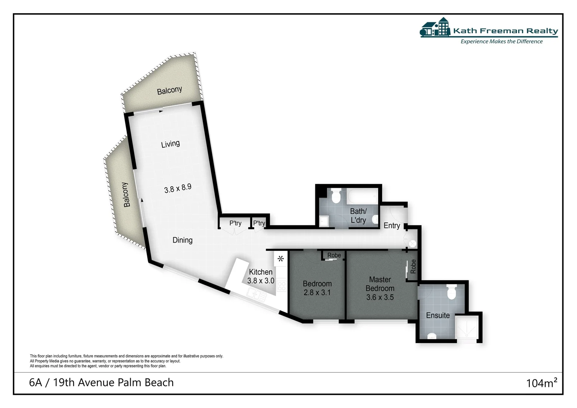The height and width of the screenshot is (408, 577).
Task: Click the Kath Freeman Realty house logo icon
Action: point(435,27)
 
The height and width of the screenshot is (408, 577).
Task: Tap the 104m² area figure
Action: point(542,383)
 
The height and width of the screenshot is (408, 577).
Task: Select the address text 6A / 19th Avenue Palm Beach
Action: point(101,382)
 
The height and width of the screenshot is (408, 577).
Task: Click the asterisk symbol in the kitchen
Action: point(281,259)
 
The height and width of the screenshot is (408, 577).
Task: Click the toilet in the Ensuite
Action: point(451,292)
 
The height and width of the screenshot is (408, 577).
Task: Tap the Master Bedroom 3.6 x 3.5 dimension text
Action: point(380,297)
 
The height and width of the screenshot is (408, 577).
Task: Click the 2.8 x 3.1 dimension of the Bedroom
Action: point(317,292)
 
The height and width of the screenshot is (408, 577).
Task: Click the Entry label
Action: point(392,226)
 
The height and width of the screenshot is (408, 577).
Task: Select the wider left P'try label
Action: point(235,223)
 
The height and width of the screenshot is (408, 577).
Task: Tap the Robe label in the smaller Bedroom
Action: point(334,255)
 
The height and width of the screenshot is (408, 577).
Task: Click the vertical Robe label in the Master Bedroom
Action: point(413,266)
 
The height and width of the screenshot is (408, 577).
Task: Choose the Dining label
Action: point(182,240)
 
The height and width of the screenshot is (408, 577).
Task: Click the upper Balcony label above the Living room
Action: point(169,90)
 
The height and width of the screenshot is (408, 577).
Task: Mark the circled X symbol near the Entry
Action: point(412,243)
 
